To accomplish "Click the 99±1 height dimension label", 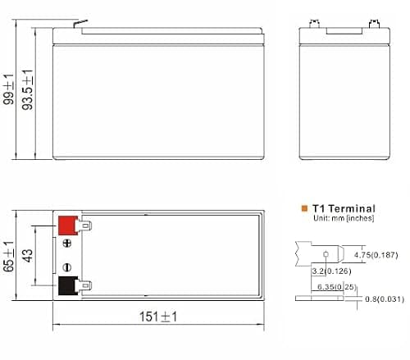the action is (8, 89).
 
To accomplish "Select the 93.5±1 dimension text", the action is (27, 90).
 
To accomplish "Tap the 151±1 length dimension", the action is (158, 317).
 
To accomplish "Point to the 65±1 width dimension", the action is (8, 257).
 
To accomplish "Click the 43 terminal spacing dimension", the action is (27, 256).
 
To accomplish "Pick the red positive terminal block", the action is (68, 226).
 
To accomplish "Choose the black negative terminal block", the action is (68, 286).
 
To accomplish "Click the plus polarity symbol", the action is (67, 244).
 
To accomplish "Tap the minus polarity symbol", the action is (67, 267).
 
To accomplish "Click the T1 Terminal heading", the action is (344, 208).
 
